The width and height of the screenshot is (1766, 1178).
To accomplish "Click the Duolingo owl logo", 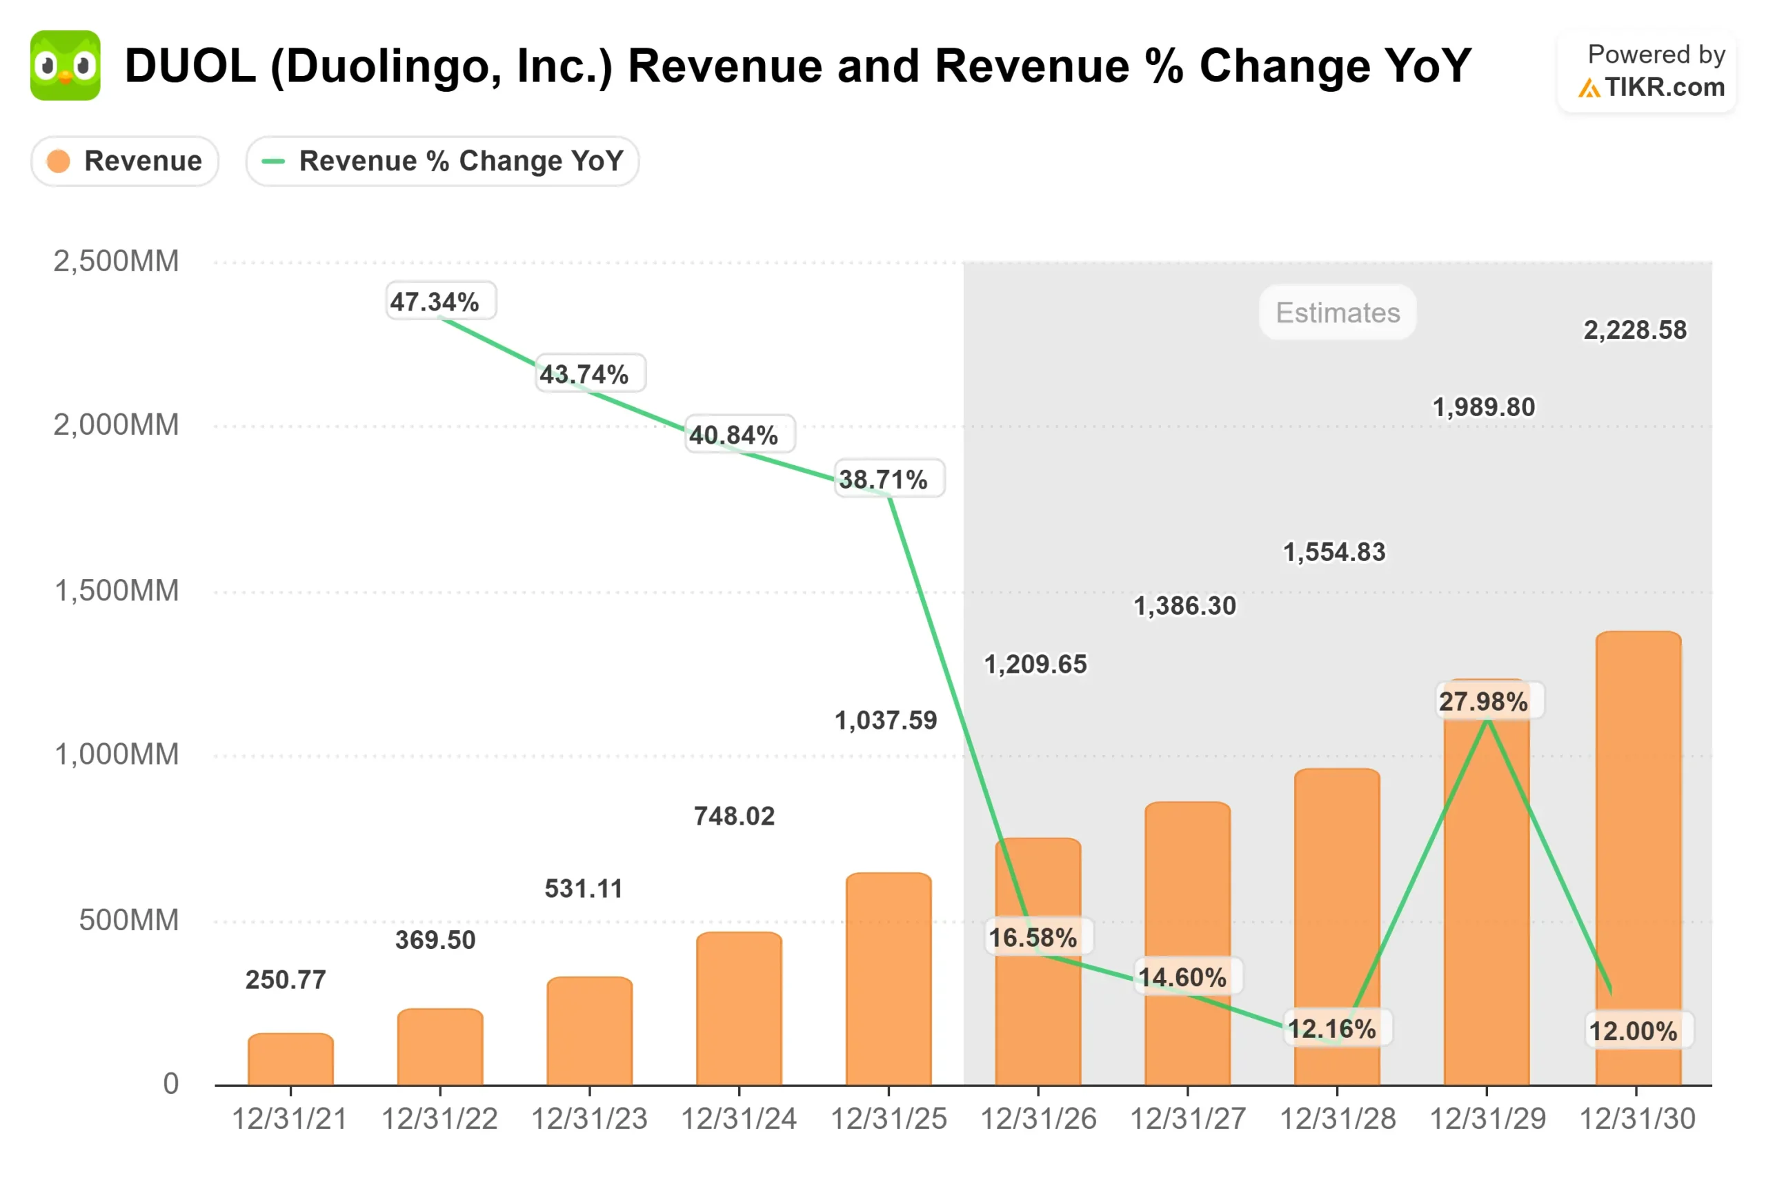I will point(66,66).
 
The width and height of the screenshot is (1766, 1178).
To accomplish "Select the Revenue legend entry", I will point(125,161).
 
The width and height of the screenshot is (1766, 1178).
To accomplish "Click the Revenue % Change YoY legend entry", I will point(442,161).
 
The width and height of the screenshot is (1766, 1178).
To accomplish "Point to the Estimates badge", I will point(1338,313).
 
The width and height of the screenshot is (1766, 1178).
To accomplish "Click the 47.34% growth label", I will point(434,302).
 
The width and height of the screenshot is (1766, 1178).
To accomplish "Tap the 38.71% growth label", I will point(883,480).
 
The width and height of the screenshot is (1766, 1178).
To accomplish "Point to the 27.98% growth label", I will point(1483,702).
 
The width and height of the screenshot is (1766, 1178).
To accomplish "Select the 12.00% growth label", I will point(1633,1031).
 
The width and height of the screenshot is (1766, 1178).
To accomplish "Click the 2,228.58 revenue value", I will point(1635,330).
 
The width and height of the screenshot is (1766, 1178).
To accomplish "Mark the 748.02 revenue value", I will point(733,816).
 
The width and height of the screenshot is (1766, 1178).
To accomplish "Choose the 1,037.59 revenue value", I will point(885,720).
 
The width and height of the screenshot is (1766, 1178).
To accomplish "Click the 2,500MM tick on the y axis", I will point(116,262).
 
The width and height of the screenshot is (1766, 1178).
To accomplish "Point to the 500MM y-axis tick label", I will point(128,921).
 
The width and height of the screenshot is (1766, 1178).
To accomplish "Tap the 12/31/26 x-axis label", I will point(1038,1119).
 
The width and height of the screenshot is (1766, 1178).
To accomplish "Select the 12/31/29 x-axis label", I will point(1487,1119).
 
